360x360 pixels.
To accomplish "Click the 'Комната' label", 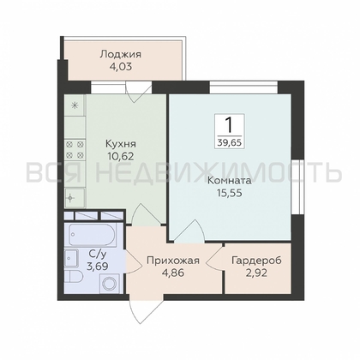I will tap(229, 182).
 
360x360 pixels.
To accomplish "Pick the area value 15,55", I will tap(229, 195).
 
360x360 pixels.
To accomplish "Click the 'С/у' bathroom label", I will tap(97, 253).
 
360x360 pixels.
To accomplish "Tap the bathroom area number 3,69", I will tap(97, 267).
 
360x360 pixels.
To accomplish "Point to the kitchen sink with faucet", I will tap(75, 195).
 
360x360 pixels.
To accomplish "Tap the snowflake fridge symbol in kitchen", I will tap(75, 105).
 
